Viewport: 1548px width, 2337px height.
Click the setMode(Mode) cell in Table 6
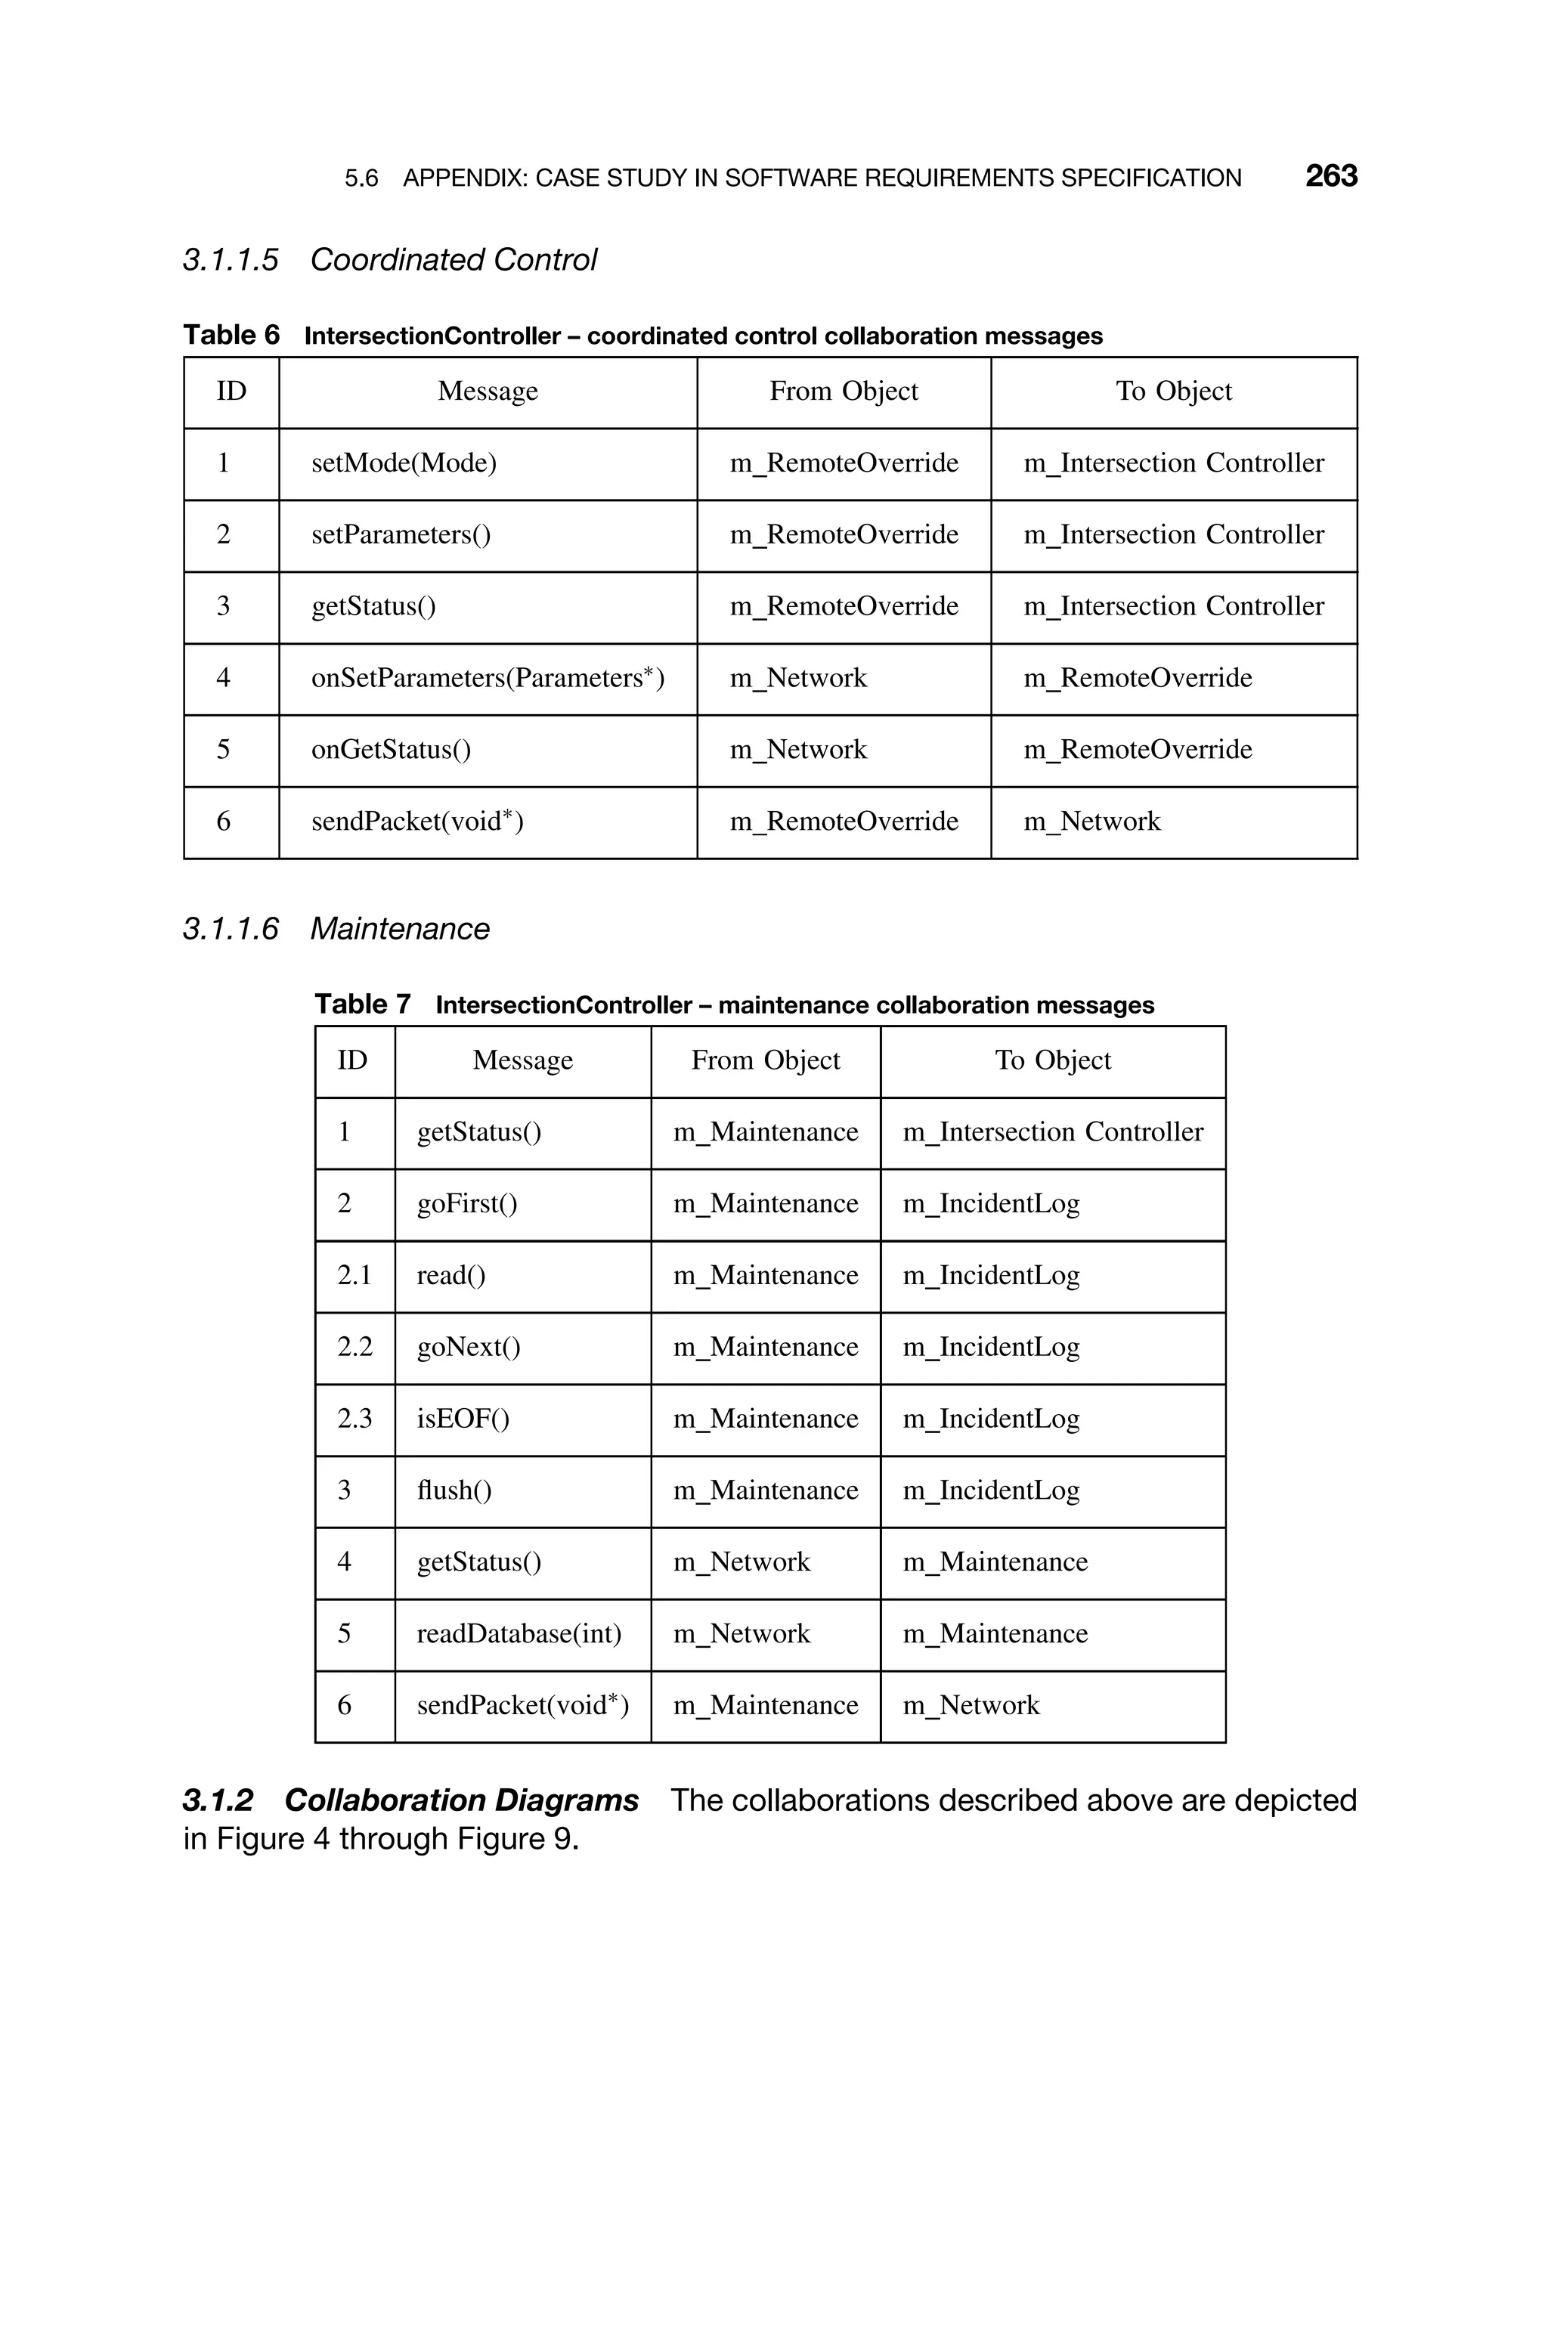point(404,463)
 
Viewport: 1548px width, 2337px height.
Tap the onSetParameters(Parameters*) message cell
point(488,678)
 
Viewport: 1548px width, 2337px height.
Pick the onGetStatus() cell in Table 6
point(391,750)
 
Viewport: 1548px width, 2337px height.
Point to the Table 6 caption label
point(231,336)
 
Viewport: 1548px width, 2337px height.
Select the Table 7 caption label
point(361,1004)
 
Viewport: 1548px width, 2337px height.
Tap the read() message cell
point(451,1276)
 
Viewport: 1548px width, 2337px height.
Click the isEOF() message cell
point(463,1419)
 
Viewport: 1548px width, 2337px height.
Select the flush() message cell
point(454,1490)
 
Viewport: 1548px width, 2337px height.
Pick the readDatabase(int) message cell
point(519,1634)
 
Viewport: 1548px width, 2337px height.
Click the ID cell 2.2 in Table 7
point(354,1347)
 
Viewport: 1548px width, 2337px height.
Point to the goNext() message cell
point(468,1347)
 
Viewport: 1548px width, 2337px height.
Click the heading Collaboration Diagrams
point(461,1801)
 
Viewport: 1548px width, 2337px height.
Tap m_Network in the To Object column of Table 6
point(1092,822)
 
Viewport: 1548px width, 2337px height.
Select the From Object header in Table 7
point(765,1061)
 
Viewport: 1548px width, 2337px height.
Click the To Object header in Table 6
point(1174,392)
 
